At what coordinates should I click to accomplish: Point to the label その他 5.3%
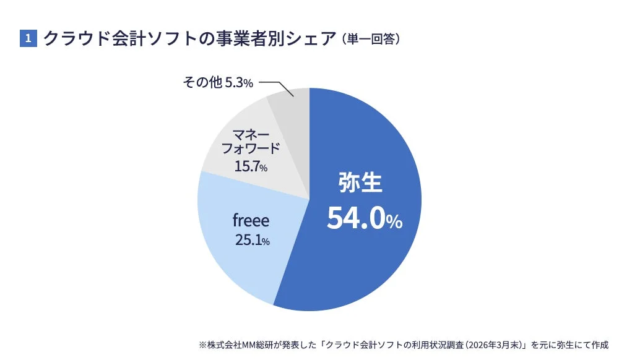[x=218, y=82]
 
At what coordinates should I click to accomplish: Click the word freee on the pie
[x=251, y=221]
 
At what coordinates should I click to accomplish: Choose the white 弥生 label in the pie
[x=361, y=184]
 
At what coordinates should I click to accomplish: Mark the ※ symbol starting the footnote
[x=202, y=345]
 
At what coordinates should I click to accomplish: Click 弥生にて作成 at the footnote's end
[x=586, y=345]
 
